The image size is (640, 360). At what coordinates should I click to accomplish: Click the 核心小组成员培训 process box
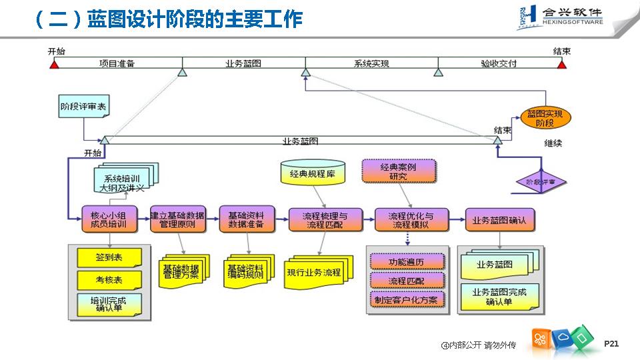coord(109,219)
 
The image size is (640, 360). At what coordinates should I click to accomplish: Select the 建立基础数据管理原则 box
coord(177,219)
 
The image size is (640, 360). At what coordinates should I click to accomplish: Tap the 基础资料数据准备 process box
coord(246,219)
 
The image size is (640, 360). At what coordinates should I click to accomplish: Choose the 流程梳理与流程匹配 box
coord(325,219)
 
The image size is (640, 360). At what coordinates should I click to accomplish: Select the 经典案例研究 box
coord(398,171)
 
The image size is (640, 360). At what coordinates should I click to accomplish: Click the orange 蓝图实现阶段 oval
coord(545,118)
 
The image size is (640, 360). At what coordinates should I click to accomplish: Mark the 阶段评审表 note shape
coord(83,106)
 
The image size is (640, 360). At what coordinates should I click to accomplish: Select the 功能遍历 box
coord(406,262)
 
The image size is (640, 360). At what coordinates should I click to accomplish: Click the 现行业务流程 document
coord(313,272)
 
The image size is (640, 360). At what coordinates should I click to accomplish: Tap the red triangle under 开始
coord(55,65)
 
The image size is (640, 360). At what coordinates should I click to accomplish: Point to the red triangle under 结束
coord(562,65)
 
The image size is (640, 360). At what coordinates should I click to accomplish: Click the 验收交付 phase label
coord(499,64)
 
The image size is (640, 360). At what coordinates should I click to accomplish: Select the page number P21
coord(611,343)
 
